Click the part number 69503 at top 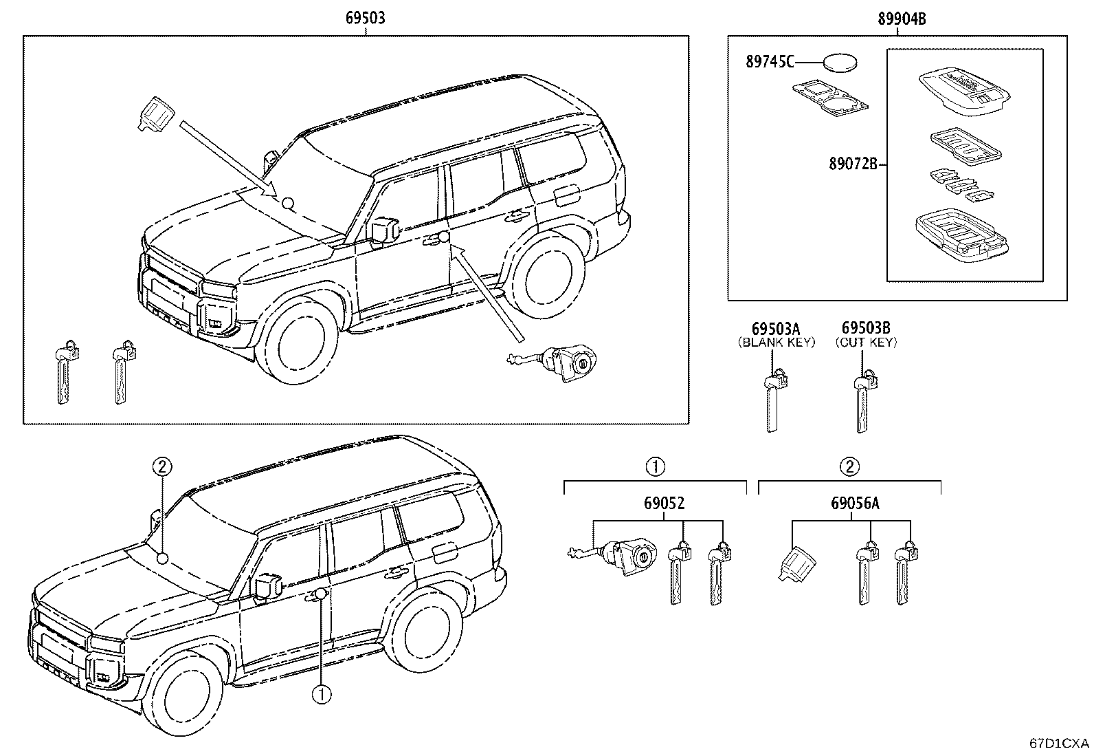pos(365,18)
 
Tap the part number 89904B pos(901,19)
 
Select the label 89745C pos(770,63)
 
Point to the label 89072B pos(852,164)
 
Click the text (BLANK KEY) pos(775,342)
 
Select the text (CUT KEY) pos(866,342)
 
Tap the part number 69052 pos(664,504)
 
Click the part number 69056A pos(854,504)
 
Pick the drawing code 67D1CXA pos(1059,744)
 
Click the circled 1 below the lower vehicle pos(321,694)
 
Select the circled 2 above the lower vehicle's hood pos(161,467)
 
